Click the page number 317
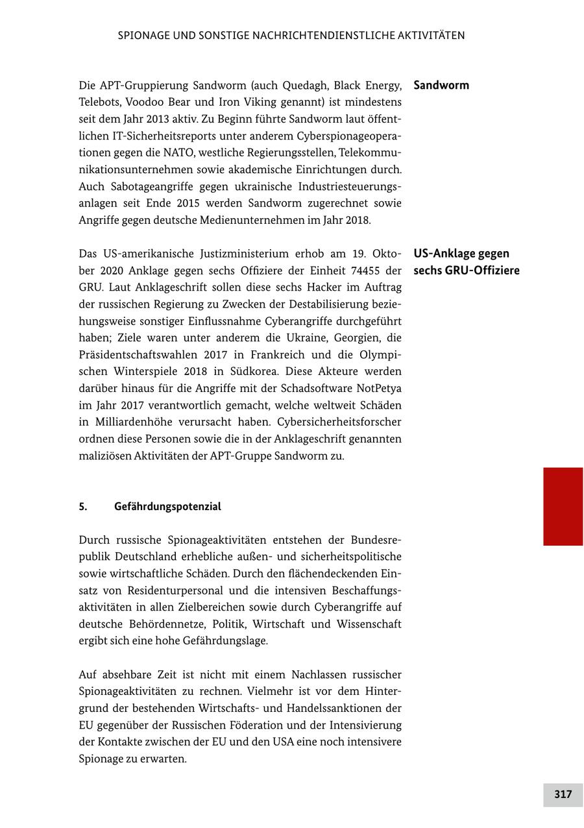pyautogui.click(x=563, y=794)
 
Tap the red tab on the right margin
pyautogui.click(x=563, y=506)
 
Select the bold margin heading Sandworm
pyautogui.click(x=441, y=85)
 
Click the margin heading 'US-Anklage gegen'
pyautogui.click(x=461, y=253)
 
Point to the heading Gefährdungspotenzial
pyautogui.click(x=167, y=506)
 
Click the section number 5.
pyautogui.click(x=83, y=506)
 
